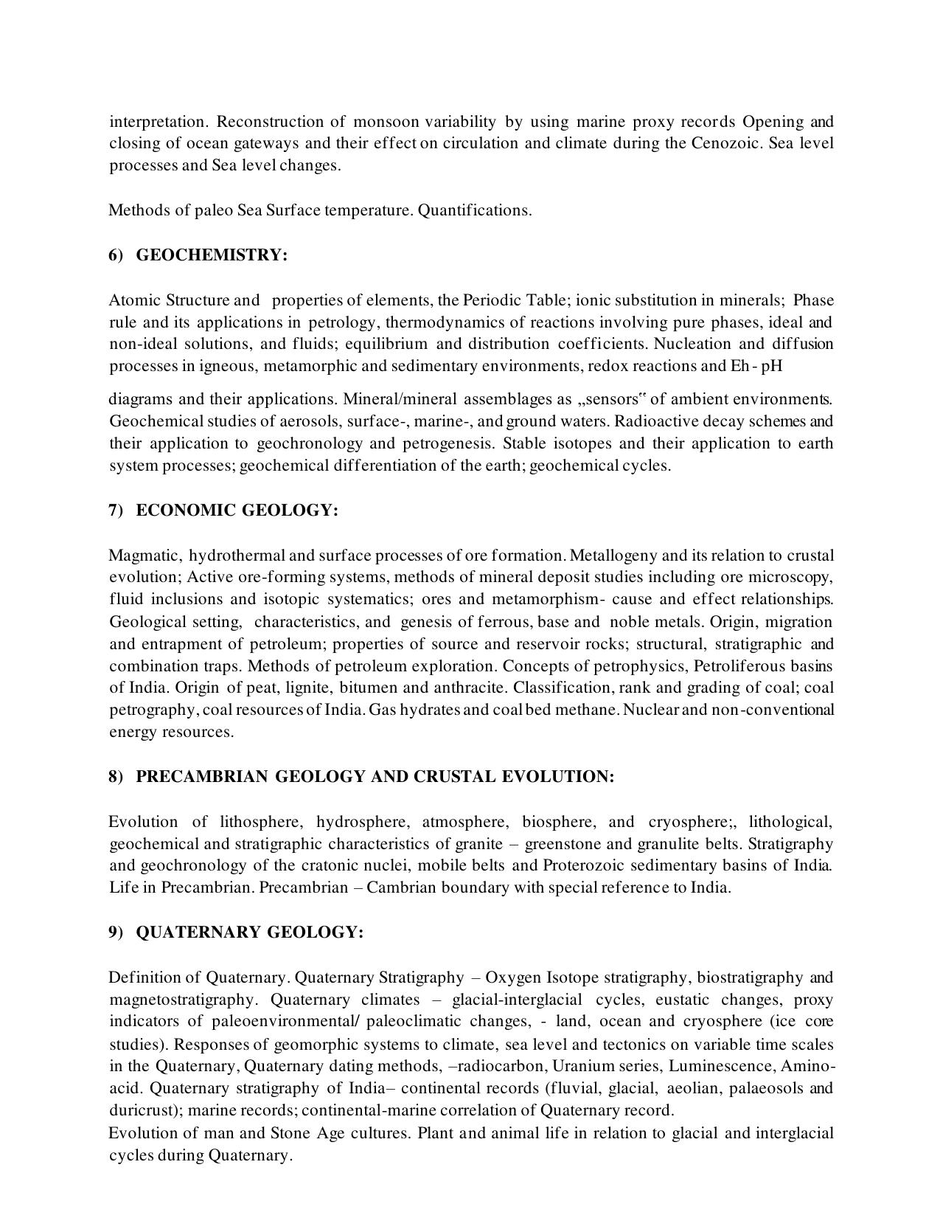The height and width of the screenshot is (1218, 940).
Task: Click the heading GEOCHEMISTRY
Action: (x=212, y=255)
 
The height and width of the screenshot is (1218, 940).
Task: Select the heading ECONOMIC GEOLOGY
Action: (x=237, y=511)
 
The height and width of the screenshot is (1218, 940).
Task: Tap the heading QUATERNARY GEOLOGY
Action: (x=250, y=932)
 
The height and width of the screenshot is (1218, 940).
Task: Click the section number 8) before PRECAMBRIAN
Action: (x=116, y=777)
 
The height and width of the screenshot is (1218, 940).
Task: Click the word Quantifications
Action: (x=475, y=210)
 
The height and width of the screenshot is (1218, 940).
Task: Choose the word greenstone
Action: (x=561, y=844)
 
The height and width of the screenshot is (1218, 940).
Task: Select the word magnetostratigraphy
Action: (x=182, y=1000)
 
